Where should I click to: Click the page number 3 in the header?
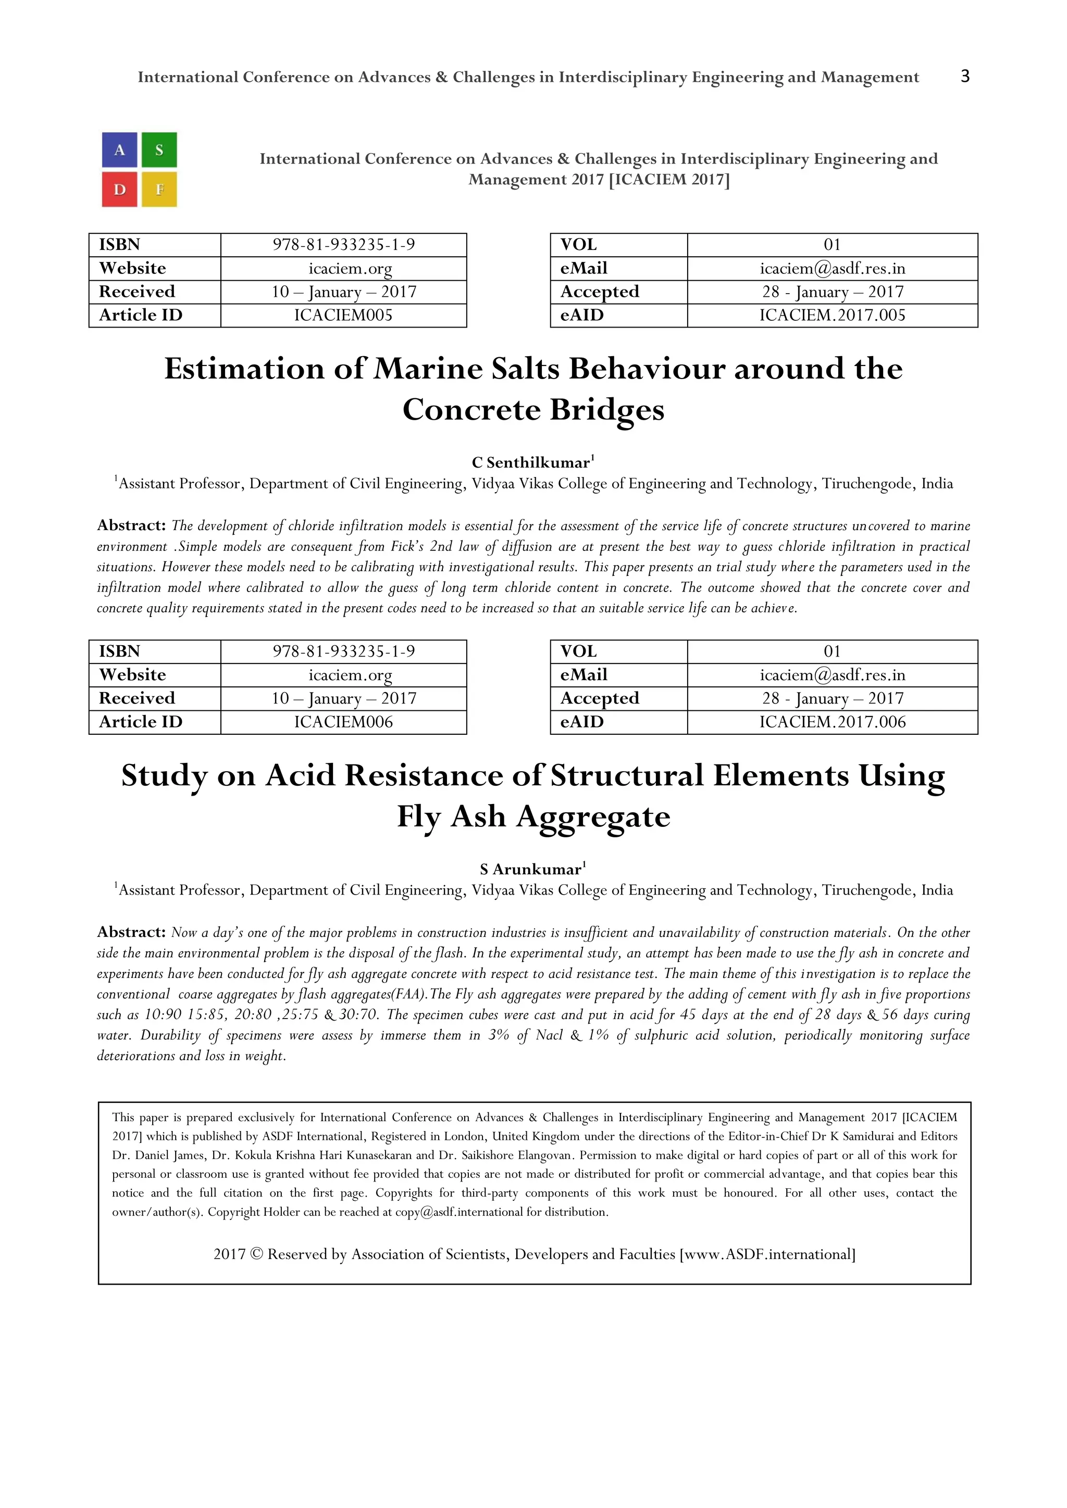click(964, 76)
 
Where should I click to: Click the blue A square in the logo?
click(120, 150)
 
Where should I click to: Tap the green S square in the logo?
click(159, 150)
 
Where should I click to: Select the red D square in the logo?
click(120, 190)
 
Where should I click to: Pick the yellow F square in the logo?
click(159, 190)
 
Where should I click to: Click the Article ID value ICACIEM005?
click(343, 315)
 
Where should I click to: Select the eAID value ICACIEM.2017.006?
click(832, 722)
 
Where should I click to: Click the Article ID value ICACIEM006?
click(343, 722)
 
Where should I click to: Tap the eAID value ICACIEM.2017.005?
click(832, 315)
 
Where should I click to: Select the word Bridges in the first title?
click(606, 410)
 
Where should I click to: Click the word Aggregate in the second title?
click(592, 817)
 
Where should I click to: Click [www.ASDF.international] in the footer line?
click(767, 1254)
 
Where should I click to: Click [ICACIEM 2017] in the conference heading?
click(669, 179)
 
